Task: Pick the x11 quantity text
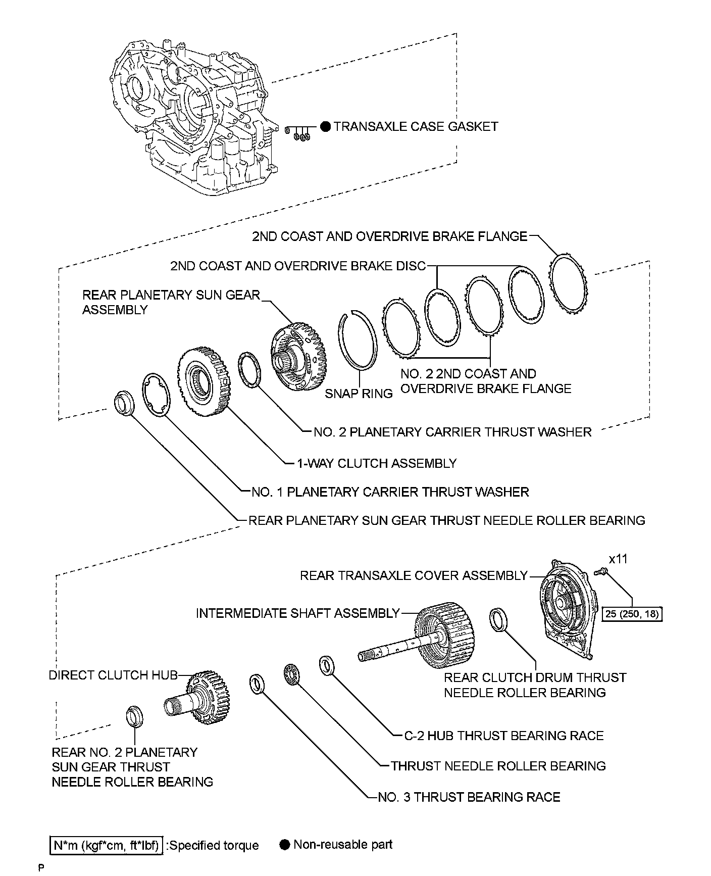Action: (618, 559)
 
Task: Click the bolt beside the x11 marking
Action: (601, 572)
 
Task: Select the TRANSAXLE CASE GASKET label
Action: (416, 126)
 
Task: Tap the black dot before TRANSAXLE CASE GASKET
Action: (326, 126)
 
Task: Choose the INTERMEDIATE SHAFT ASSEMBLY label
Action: (297, 613)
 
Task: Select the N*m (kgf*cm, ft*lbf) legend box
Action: (106, 845)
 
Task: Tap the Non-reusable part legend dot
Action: (284, 845)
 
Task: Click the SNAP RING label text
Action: (359, 394)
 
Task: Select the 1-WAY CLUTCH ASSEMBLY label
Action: (377, 463)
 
